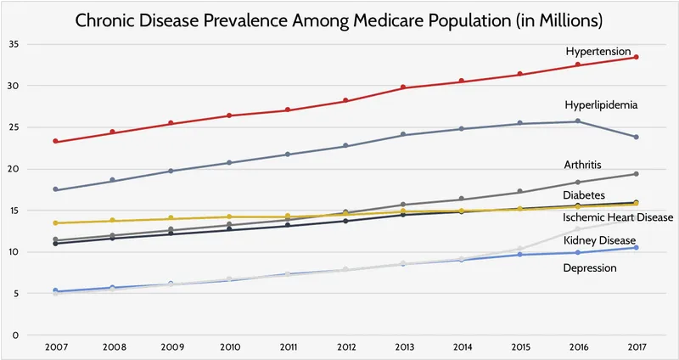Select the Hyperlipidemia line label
(x=601, y=105)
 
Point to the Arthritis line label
(x=584, y=165)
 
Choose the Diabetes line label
(x=585, y=196)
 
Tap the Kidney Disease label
(x=599, y=241)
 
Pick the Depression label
(x=590, y=268)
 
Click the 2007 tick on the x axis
(x=55, y=348)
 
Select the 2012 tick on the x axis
(x=345, y=348)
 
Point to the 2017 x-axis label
(x=636, y=348)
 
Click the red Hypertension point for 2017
(x=637, y=57)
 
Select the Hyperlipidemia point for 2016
(x=578, y=121)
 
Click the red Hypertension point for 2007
(x=55, y=141)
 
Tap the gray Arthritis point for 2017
(x=637, y=174)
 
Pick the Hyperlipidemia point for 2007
(x=55, y=189)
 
